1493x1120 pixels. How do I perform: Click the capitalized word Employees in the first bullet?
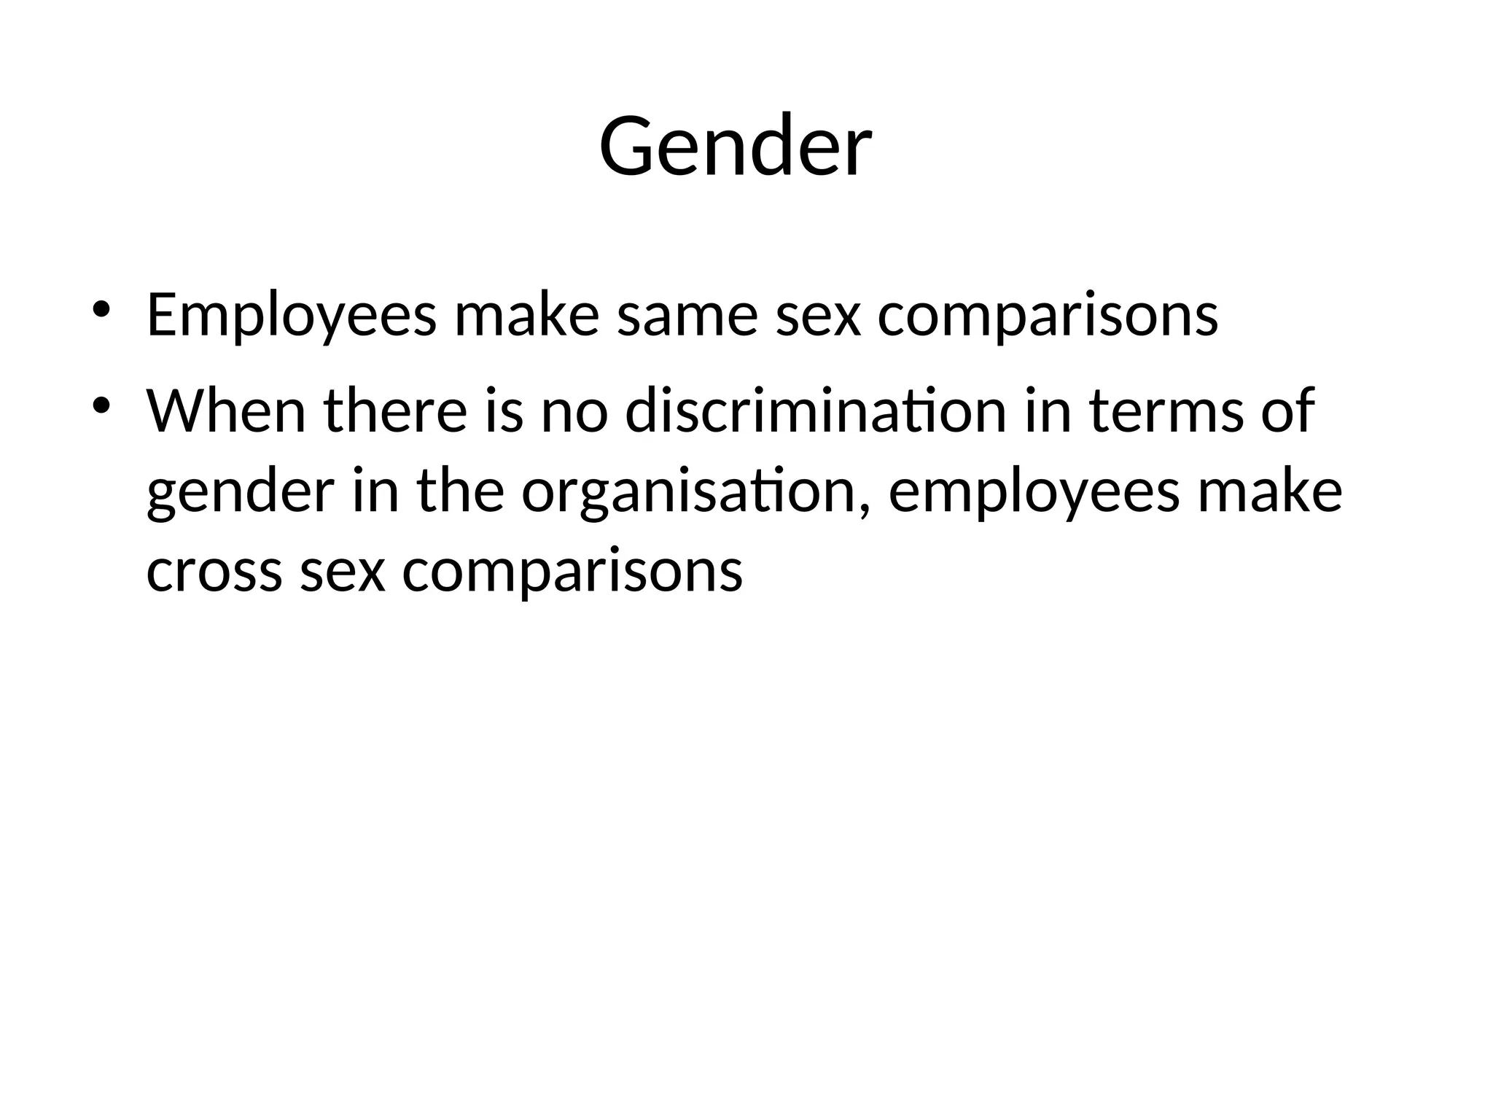[x=292, y=316]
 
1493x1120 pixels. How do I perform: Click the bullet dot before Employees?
[x=101, y=309]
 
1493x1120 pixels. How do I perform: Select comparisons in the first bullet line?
[x=1048, y=316]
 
